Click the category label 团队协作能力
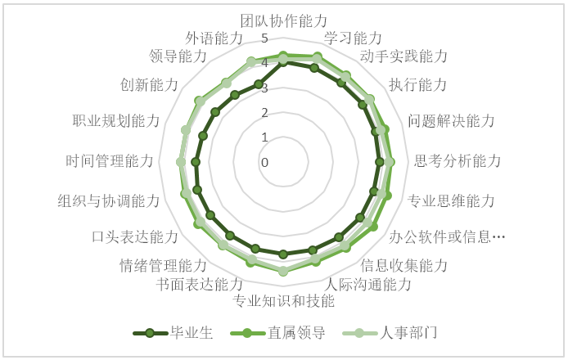(284, 21)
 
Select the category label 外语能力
(214, 38)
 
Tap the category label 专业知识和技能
(283, 300)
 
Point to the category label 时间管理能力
(110, 161)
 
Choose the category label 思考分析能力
(458, 161)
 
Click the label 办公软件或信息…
(447, 236)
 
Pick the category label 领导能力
(178, 56)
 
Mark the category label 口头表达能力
(135, 236)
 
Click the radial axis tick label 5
(265, 38)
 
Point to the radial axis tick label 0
(265, 163)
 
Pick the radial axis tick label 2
(265, 113)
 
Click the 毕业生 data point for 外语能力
(259, 84)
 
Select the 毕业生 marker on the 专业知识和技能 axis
(283, 254)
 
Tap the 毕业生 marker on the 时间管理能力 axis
(196, 162)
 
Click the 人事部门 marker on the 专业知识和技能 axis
(283, 271)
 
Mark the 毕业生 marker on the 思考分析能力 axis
(380, 162)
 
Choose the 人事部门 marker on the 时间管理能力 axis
(180, 162)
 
